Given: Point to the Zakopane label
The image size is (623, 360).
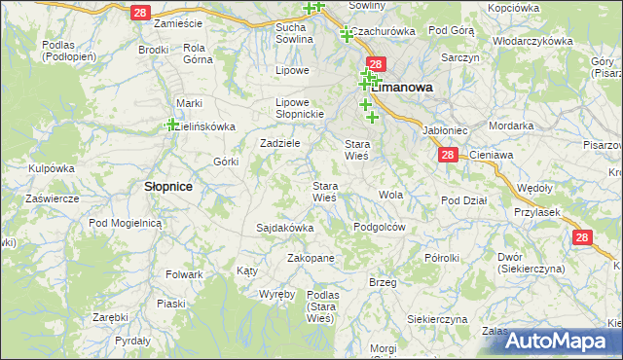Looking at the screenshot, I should (311, 258).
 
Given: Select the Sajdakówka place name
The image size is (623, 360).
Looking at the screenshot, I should (284, 228).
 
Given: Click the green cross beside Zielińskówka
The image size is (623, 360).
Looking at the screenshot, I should (171, 124).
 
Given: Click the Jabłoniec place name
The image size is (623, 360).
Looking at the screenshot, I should (446, 129).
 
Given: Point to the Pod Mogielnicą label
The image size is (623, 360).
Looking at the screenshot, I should (124, 223).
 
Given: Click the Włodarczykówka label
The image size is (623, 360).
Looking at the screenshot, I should (532, 42).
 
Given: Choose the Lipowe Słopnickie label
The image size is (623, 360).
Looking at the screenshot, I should (298, 107).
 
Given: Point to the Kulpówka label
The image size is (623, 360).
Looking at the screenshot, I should (52, 168).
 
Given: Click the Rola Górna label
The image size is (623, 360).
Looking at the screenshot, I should (198, 53).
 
